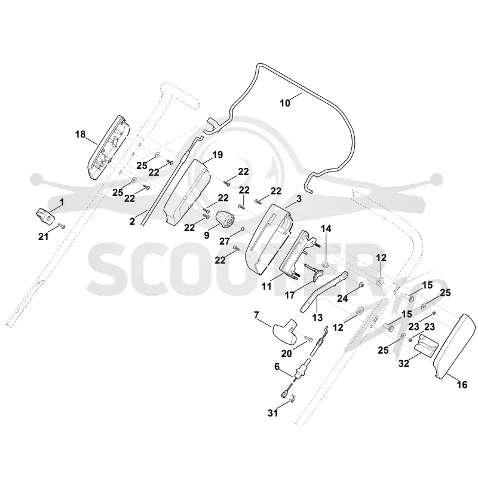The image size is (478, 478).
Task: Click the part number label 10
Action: click(x=285, y=103)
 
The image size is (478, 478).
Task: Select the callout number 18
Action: click(x=81, y=134)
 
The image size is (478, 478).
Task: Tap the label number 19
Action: click(x=217, y=155)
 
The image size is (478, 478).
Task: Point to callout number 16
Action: click(x=462, y=385)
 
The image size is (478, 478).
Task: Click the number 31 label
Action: click(x=273, y=413)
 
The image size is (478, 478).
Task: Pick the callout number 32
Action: click(x=404, y=363)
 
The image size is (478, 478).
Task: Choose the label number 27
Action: click(x=225, y=241)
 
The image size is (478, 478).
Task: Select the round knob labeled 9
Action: click(x=225, y=219)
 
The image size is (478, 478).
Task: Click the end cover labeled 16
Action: click(x=454, y=348)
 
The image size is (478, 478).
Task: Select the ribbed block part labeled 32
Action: click(x=426, y=345)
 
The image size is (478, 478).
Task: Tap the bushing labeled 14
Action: click(x=326, y=263)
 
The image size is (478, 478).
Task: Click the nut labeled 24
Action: click(x=361, y=285)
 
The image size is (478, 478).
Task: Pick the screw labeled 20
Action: click(x=308, y=339)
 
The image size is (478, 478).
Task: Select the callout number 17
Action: click(x=290, y=295)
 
